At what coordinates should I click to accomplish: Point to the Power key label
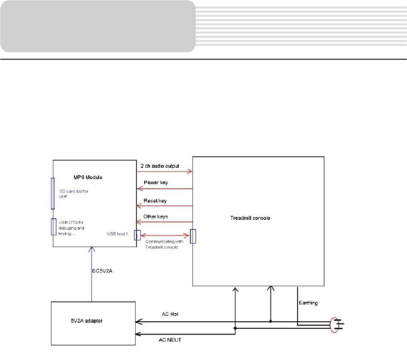[x=155, y=183]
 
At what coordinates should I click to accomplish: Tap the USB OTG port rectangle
[x=53, y=227]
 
